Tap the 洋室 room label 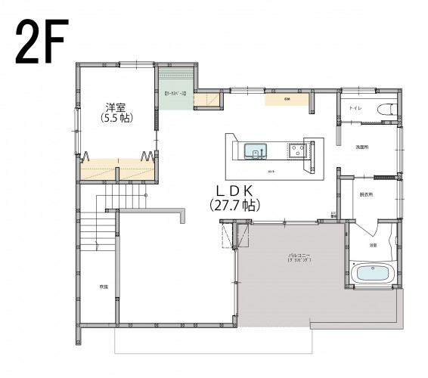click(x=116, y=107)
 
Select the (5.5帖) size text click(x=116, y=119)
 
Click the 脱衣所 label click(x=365, y=194)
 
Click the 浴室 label click(x=374, y=246)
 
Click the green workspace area click(x=175, y=97)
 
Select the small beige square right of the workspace click(x=206, y=100)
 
